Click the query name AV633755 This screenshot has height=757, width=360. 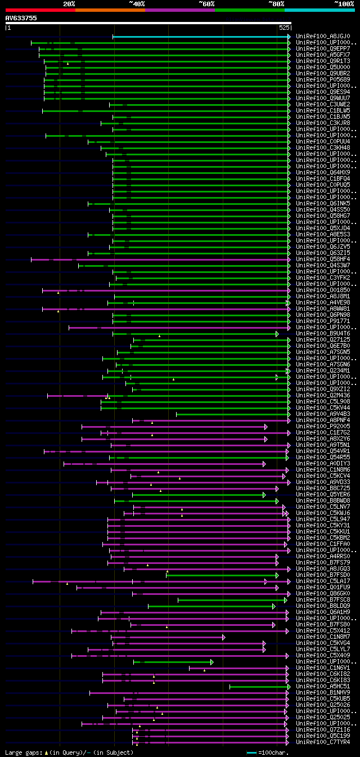(x=21, y=18)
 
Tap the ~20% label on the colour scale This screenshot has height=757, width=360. (x=69, y=4)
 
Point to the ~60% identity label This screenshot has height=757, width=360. (x=206, y=4)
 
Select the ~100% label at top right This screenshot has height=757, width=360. (x=344, y=4)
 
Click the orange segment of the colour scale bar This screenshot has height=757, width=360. (x=110, y=10)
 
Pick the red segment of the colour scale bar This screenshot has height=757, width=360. (x=40, y=10)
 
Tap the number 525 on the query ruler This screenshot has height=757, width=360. (x=284, y=27)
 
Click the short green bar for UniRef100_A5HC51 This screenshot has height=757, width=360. (x=259, y=687)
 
